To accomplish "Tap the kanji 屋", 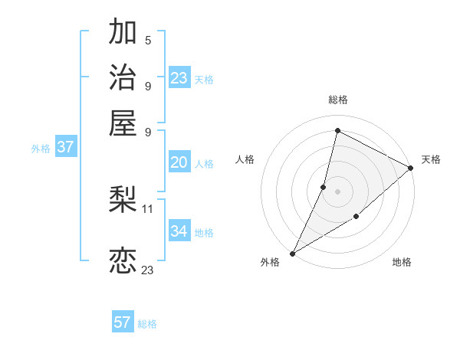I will pyautogui.click(x=123, y=123).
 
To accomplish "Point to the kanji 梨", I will pyautogui.click(x=123, y=200).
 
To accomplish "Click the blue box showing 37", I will pyautogui.click(x=65, y=148).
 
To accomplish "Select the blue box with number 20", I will pyautogui.click(x=179, y=162).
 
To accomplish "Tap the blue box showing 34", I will pyautogui.click(x=179, y=231).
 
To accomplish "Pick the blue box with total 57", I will pyautogui.click(x=123, y=322).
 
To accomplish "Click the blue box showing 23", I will pyautogui.click(x=179, y=78).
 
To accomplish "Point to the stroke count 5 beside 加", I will pyautogui.click(x=148, y=40).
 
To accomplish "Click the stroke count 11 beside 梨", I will pyautogui.click(x=148, y=208).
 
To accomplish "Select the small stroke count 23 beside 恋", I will pyautogui.click(x=148, y=270).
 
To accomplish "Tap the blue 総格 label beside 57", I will pyautogui.click(x=147, y=324).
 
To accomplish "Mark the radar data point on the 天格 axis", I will pyautogui.click(x=411, y=169).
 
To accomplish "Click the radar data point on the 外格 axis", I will pyautogui.click(x=292, y=253).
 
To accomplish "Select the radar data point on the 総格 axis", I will pyautogui.click(x=337, y=130).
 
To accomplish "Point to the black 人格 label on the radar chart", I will pyautogui.click(x=245, y=159).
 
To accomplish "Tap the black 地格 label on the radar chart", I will pyautogui.click(x=402, y=263).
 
